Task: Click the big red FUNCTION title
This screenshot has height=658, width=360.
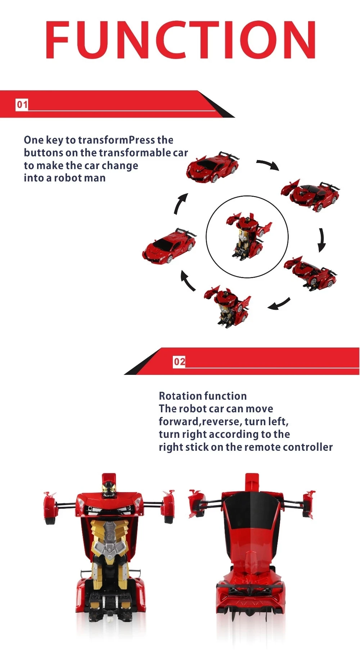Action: click(x=180, y=40)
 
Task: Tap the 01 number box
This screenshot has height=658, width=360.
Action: click(x=22, y=105)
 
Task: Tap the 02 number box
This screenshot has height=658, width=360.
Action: click(x=179, y=362)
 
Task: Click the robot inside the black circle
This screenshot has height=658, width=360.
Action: click(x=248, y=236)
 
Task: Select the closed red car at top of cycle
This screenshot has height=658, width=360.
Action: click(x=212, y=167)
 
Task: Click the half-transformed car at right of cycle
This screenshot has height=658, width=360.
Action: click(x=310, y=272)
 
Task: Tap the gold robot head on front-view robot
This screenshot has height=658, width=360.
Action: click(x=109, y=489)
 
